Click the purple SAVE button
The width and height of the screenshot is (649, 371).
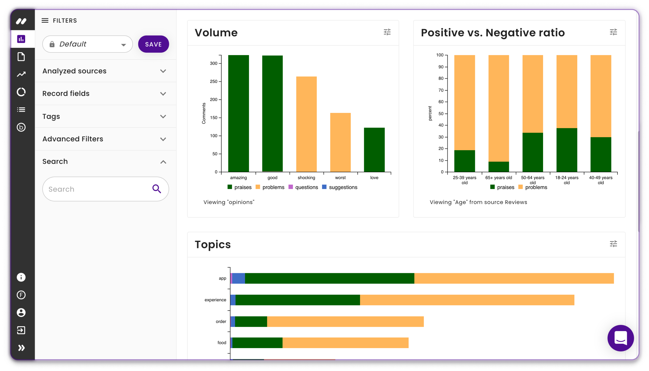pyautogui.click(x=153, y=44)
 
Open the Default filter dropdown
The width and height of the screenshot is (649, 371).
pyautogui.click(x=87, y=44)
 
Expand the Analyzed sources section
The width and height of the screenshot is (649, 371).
pyautogui.click(x=163, y=71)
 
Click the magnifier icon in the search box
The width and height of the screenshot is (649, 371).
pyautogui.click(x=156, y=189)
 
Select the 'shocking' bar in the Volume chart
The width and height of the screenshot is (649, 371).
pyautogui.click(x=306, y=124)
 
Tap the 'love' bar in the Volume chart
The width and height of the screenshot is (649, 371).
pyautogui.click(x=374, y=150)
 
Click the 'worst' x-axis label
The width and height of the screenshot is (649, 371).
pyautogui.click(x=340, y=178)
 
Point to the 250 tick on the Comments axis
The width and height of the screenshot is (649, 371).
pyautogui.click(x=214, y=81)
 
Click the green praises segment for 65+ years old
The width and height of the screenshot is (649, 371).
pyautogui.click(x=498, y=167)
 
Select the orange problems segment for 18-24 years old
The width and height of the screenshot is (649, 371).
pyautogui.click(x=567, y=91)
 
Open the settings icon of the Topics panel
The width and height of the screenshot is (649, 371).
pyautogui.click(x=613, y=244)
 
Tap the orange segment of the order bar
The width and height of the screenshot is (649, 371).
pyautogui.click(x=345, y=321)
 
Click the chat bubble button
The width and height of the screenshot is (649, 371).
pyautogui.click(x=620, y=338)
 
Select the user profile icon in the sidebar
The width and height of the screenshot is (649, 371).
pyautogui.click(x=21, y=312)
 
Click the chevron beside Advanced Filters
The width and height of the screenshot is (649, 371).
pyautogui.click(x=163, y=139)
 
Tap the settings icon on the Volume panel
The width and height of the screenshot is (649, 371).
pyautogui.click(x=387, y=32)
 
